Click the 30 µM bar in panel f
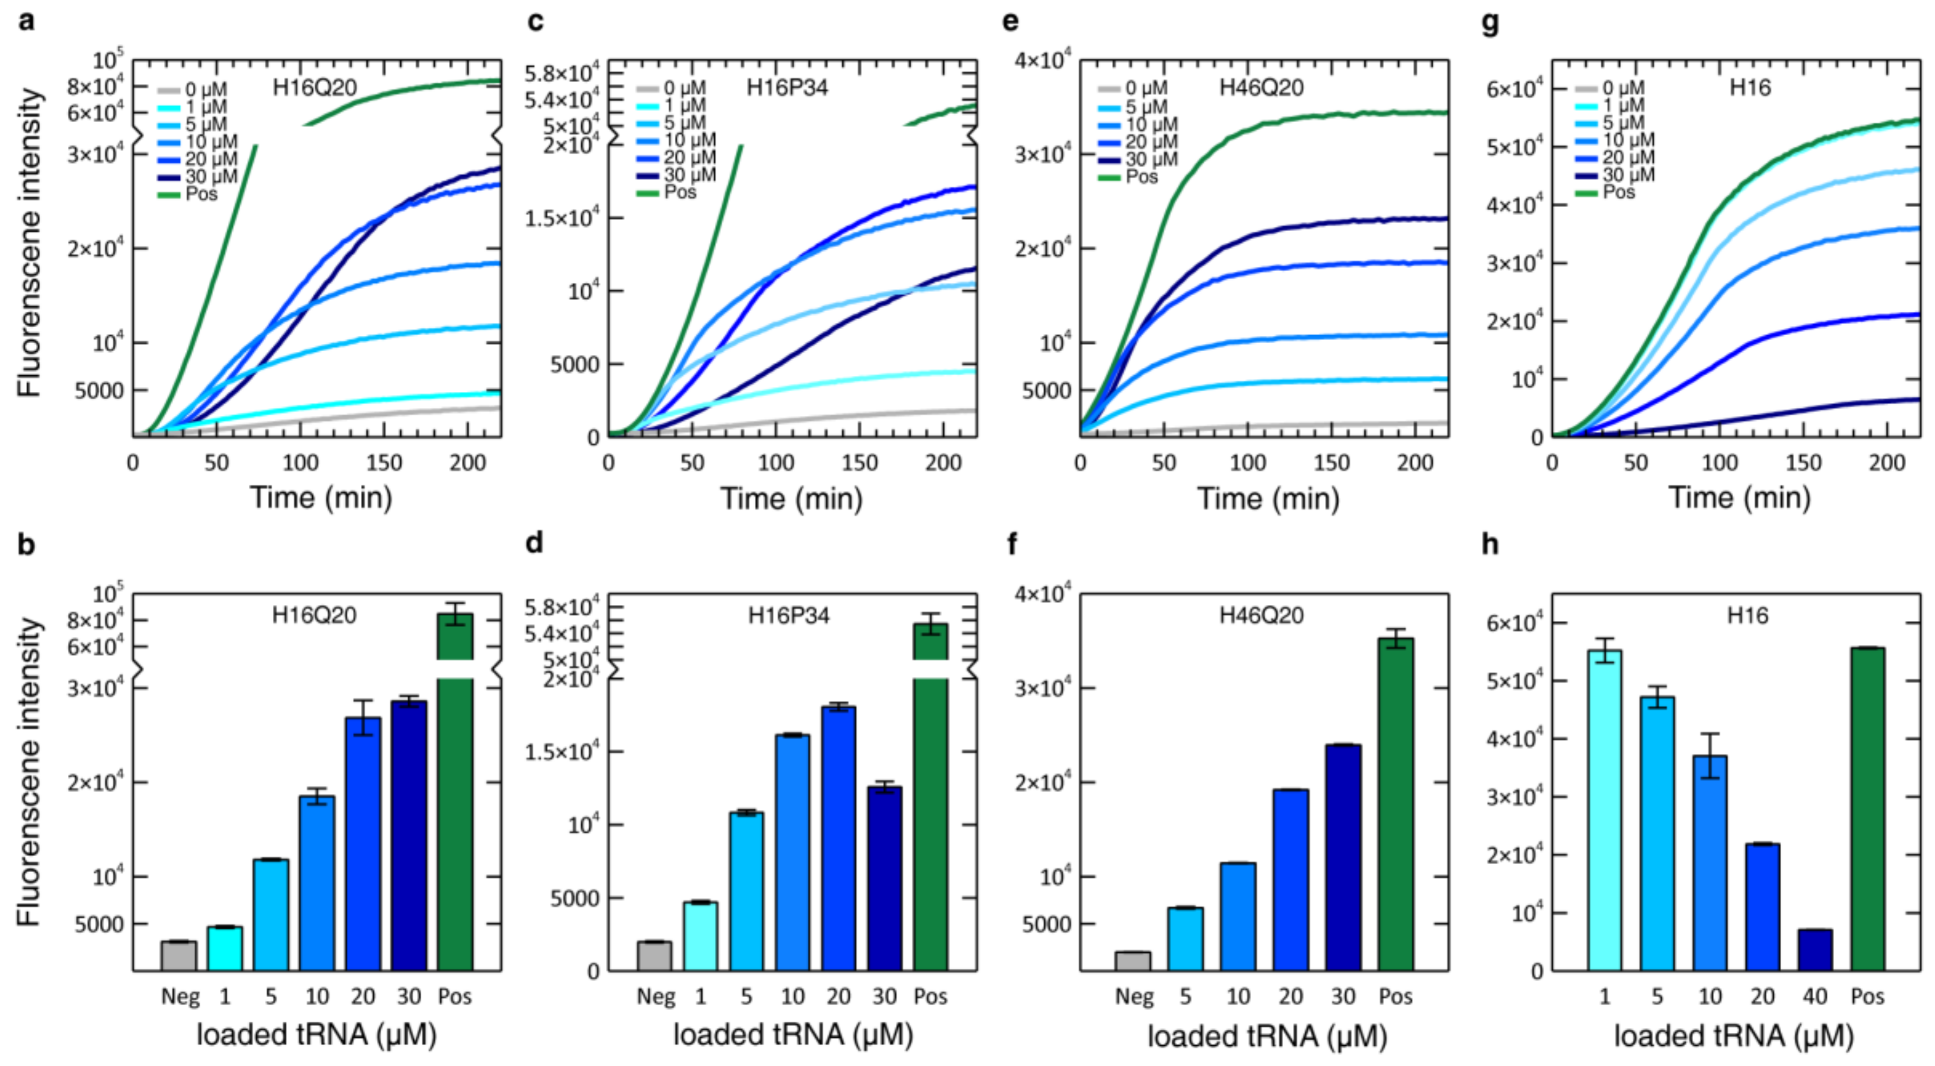(x=1342, y=856)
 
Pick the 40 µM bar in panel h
(x=1815, y=950)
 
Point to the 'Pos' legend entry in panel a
(x=201, y=194)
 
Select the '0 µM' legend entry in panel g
(x=1623, y=89)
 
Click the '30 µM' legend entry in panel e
(x=1151, y=159)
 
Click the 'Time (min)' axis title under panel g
(x=1739, y=498)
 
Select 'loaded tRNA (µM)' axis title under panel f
(x=1267, y=1035)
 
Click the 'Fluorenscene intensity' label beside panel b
(x=28, y=771)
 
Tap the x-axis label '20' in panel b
(x=363, y=997)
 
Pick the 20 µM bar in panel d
(x=838, y=838)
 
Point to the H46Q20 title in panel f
(x=1260, y=615)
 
